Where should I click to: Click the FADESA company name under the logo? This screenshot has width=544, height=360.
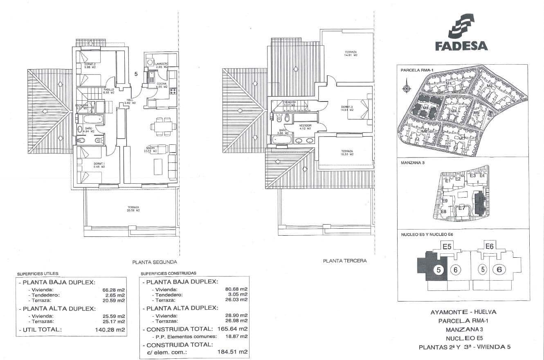click(461, 45)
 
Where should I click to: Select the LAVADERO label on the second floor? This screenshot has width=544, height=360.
click(161, 65)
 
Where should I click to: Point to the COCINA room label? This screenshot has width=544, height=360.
click(162, 85)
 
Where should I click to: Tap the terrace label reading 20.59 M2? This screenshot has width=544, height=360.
click(133, 209)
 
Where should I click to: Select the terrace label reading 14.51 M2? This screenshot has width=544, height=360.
click(351, 53)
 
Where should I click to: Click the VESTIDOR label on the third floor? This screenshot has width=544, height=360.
click(306, 127)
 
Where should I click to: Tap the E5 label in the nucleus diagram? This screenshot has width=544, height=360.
click(447, 246)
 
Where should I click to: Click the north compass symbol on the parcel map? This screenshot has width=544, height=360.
click(406, 88)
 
